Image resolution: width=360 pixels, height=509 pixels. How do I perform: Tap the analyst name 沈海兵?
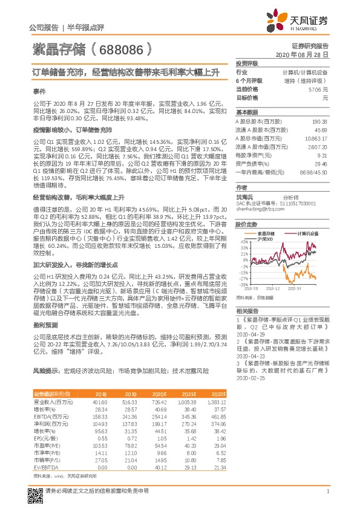[x=244, y=196]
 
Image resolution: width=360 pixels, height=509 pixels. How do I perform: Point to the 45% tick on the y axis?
[x=244, y=241]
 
